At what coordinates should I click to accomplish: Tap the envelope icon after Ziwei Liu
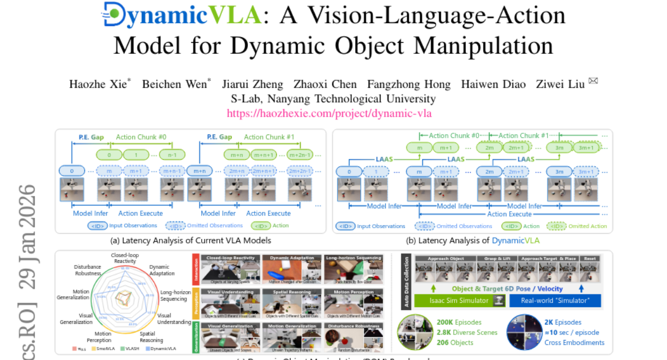[593, 82]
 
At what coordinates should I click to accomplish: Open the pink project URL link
[329, 113]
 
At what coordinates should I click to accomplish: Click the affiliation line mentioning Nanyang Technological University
[333, 99]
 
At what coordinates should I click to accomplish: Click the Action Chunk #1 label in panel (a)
[269, 137]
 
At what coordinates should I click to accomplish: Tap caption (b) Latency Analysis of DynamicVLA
[472, 241]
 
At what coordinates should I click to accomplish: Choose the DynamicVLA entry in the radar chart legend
[161, 348]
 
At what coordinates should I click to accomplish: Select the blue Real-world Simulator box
[555, 301]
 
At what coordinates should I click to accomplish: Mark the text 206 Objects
[455, 343]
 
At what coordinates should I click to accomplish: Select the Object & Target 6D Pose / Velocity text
[507, 289]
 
